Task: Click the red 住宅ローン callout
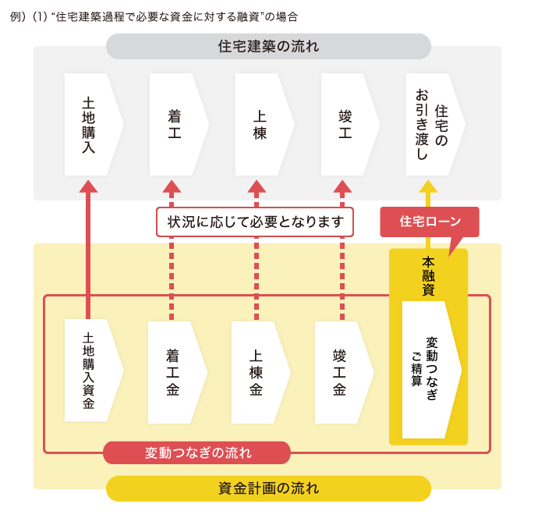click(x=428, y=222)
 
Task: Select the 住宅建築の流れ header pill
click(x=268, y=47)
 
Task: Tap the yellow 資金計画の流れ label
click(x=268, y=489)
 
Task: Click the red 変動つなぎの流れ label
click(x=197, y=452)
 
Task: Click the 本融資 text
click(x=428, y=275)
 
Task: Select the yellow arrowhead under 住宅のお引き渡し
click(x=428, y=186)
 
